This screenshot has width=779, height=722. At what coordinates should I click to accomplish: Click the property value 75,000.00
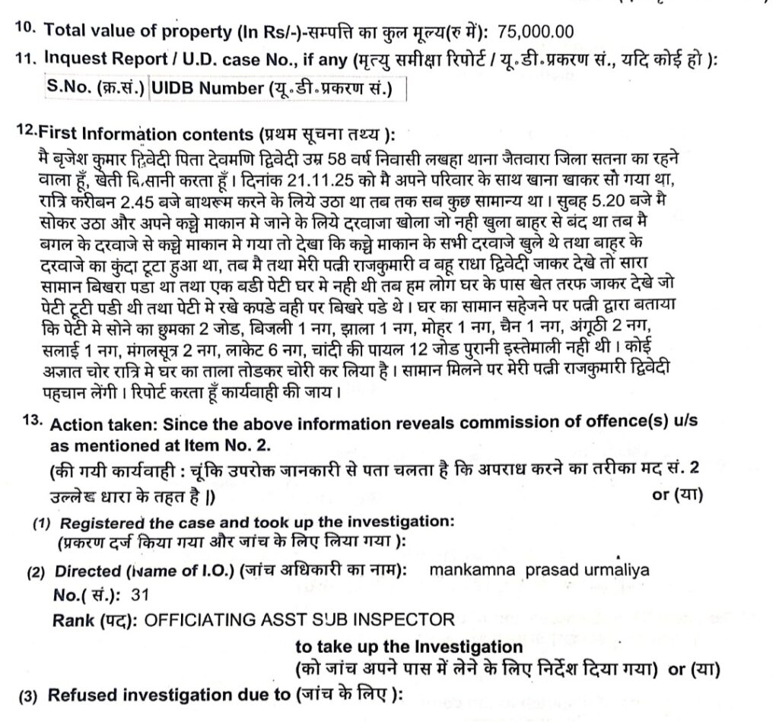point(536,32)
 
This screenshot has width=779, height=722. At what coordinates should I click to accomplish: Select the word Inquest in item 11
point(73,57)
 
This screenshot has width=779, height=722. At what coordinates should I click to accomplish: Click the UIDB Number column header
point(206,89)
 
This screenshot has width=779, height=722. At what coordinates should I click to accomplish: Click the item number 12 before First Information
point(25,131)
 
